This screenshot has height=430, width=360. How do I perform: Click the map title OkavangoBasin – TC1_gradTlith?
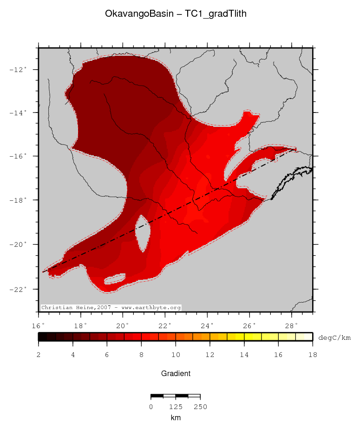click(176, 14)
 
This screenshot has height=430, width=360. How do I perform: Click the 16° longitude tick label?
click(39, 325)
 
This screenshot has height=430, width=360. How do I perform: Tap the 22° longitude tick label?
click(165, 325)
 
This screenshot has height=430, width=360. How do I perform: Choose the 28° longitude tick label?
click(291, 325)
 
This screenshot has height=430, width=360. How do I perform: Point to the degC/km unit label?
click(334, 337)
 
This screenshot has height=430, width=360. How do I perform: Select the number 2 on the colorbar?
click(39, 355)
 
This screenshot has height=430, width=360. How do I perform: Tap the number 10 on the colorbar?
click(176, 355)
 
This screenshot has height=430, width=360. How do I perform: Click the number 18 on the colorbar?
click(313, 355)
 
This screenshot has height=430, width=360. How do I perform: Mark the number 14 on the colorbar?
click(244, 355)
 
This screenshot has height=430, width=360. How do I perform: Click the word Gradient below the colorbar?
click(176, 373)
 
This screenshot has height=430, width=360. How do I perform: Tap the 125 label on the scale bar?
click(175, 407)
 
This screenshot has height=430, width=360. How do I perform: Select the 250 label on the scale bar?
click(200, 407)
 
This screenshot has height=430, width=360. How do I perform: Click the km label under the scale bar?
click(176, 418)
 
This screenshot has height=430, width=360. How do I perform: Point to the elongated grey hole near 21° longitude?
click(143, 232)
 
